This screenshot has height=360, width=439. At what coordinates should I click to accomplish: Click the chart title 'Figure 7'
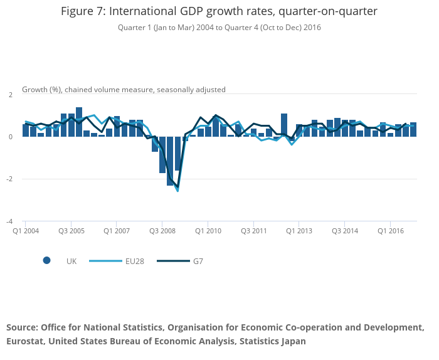coord(219,11)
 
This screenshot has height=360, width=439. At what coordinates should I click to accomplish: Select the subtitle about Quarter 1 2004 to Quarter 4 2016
coord(219,28)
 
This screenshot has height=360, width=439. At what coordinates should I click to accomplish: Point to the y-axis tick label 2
coord(10,95)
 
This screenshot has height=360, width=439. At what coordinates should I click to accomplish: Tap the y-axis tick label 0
coord(10,137)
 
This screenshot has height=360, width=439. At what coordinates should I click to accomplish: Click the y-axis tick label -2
coord(9,179)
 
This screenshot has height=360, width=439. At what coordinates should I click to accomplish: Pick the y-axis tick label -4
coord(9,221)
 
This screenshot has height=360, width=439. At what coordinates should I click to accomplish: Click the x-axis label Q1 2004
coord(26,231)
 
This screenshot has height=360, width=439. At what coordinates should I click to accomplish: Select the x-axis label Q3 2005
coord(71,231)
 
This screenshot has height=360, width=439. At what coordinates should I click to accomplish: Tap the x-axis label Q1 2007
coord(117,231)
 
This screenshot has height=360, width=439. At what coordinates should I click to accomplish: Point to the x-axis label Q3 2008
coord(162,231)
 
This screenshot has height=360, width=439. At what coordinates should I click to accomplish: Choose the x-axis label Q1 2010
coord(208,231)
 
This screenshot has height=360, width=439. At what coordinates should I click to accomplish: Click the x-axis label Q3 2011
coord(253,231)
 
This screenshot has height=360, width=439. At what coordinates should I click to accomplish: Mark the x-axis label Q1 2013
coord(299,231)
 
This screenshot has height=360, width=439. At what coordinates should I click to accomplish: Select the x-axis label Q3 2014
coord(345,231)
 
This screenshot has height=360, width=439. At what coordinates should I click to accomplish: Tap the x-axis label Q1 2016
coord(390,231)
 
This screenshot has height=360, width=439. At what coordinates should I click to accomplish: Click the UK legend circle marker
coord(46,261)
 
